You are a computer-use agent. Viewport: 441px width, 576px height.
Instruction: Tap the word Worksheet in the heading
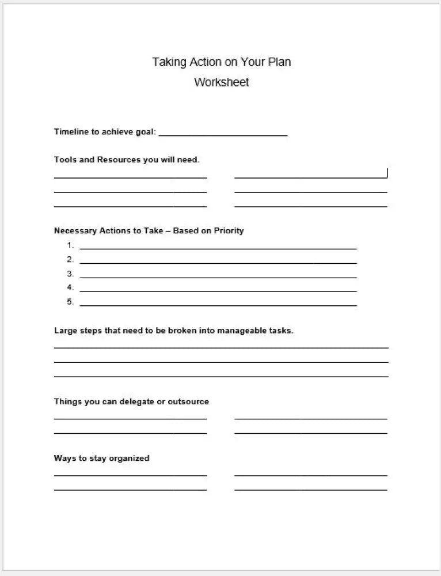point(222,82)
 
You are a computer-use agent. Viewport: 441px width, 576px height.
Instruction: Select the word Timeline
point(71,132)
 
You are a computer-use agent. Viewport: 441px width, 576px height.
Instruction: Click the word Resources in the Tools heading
point(119,160)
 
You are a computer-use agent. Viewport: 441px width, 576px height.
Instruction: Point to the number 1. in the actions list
point(70,245)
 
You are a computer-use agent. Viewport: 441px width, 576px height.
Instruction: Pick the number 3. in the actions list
point(70,274)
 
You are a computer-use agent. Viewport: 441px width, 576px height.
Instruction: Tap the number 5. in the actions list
point(70,302)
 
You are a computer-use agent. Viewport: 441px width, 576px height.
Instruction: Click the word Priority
point(229,231)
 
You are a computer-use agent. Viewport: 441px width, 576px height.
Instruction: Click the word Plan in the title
point(279,62)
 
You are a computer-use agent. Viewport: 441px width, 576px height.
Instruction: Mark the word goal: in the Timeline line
point(145,132)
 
